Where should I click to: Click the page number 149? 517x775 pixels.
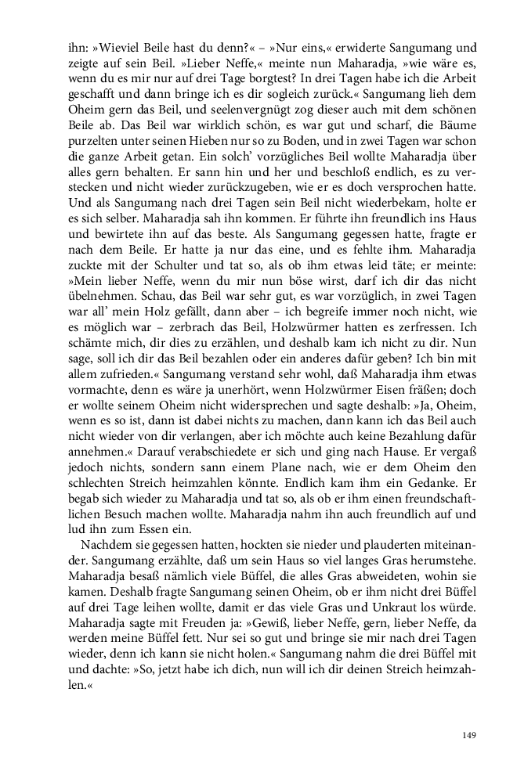point(469,734)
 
